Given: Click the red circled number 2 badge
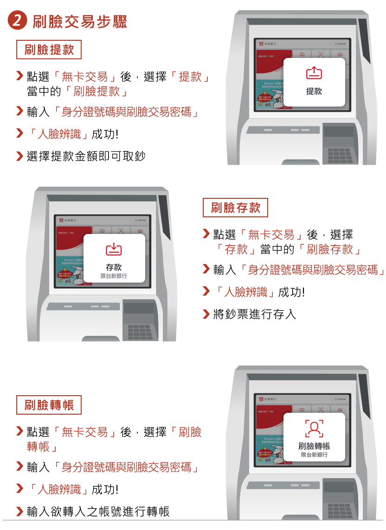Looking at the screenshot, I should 17,21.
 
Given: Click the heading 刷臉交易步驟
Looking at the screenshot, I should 80,22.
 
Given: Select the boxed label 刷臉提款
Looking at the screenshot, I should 49,50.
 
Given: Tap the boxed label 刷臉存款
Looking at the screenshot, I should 235,208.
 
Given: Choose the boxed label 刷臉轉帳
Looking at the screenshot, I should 49,405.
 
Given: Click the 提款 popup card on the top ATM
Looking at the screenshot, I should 314,82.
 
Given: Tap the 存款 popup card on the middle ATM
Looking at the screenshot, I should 114,258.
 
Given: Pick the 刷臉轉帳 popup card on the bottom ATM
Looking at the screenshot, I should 314,437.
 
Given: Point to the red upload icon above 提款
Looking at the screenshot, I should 314,73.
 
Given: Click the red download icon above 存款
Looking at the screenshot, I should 114,249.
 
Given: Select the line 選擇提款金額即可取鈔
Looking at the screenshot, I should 86,156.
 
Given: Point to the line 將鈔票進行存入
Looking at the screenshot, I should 254,315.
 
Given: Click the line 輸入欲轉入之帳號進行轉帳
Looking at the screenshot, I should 98,511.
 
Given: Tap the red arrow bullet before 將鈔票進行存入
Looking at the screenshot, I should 206,315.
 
